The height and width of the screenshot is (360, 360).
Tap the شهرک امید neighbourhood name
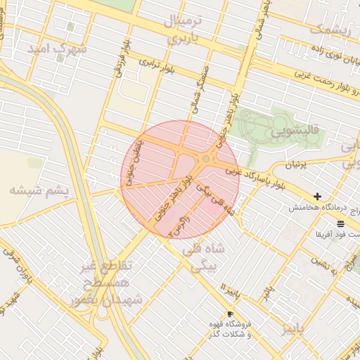pos(57,49)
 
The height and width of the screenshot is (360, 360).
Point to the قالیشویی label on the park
pos(296,131)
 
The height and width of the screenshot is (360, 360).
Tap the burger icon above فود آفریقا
pos(340,223)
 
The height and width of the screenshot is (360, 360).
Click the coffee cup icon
pos(229,314)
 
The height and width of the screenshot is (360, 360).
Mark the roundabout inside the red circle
pos(205,160)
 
